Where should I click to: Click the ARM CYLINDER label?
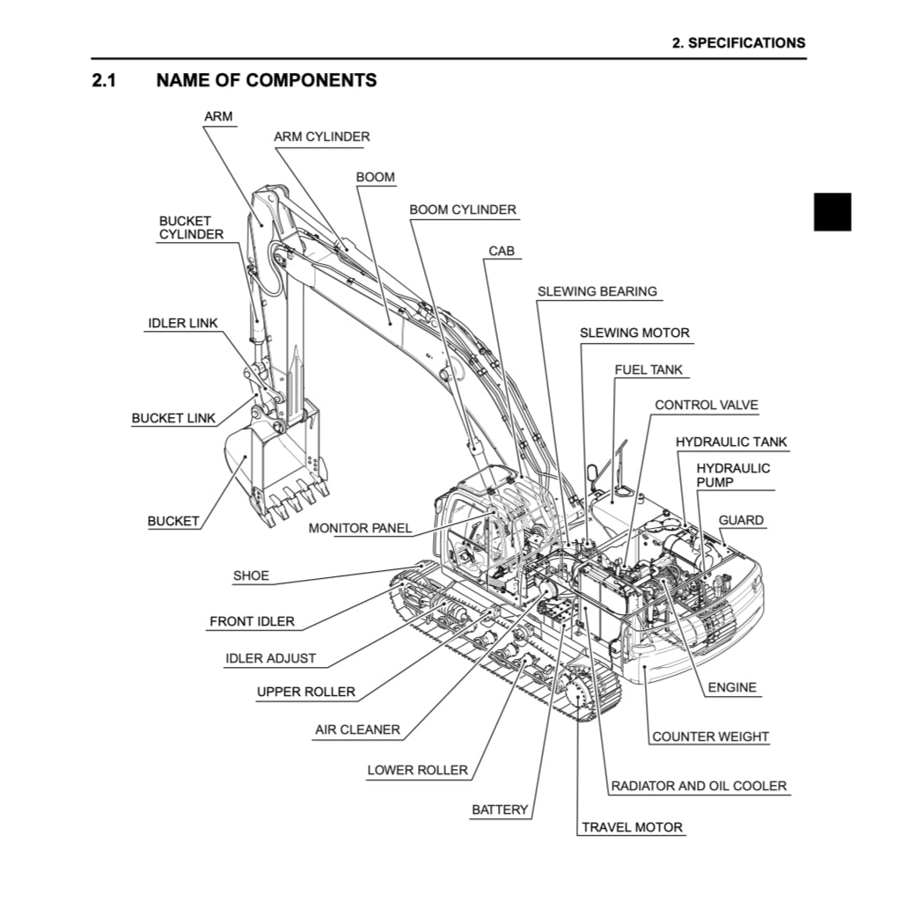click(x=321, y=136)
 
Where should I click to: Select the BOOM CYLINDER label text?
click(x=463, y=209)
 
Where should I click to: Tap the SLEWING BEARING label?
click(x=597, y=291)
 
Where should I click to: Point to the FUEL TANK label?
click(x=648, y=370)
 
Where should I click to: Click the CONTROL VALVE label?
click(x=706, y=405)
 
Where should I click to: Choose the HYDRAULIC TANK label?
click(x=731, y=442)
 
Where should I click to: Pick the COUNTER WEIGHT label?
click(x=710, y=736)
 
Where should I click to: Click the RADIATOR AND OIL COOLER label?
click(x=699, y=786)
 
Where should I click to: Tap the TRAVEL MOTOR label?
click(x=632, y=827)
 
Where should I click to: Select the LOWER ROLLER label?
click(x=417, y=770)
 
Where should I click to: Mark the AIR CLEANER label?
click(x=357, y=729)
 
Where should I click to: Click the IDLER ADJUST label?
click(x=270, y=658)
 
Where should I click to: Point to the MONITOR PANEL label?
click(x=360, y=528)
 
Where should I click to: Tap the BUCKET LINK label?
click(x=173, y=418)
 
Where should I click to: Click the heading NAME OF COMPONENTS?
click(x=266, y=80)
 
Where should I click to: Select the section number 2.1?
click(x=105, y=80)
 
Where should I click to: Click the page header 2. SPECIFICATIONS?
click(x=737, y=42)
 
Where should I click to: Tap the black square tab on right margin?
click(x=831, y=211)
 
